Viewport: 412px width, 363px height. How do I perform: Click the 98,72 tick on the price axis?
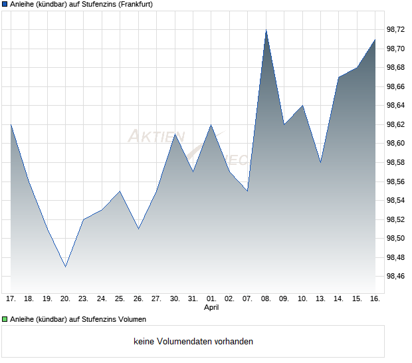(x=396, y=29)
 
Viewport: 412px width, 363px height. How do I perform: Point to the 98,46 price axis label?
(x=396, y=276)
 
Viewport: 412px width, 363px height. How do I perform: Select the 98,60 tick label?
(x=396, y=143)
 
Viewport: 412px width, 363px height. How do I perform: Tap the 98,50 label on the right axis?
(x=396, y=238)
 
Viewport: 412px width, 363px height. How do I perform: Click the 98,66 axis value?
(x=396, y=86)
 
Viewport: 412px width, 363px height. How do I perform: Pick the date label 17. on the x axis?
(x=11, y=299)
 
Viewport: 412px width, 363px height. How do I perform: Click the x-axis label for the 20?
(x=65, y=299)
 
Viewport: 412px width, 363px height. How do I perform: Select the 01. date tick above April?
(x=211, y=299)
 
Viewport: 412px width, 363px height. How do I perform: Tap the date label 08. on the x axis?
(x=266, y=299)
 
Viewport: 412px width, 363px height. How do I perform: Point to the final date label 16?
(x=375, y=299)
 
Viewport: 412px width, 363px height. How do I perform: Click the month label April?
(x=211, y=307)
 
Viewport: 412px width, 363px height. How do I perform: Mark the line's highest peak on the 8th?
(x=266, y=30)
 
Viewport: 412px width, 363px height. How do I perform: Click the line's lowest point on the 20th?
(x=65, y=267)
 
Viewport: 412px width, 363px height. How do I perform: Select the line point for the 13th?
(x=320, y=162)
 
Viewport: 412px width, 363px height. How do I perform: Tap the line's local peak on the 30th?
(x=174, y=134)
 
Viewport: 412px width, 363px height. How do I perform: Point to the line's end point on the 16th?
(x=375, y=40)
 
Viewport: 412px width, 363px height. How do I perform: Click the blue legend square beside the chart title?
(x=5, y=5)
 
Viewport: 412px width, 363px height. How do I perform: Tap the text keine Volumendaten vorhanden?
(x=193, y=342)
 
